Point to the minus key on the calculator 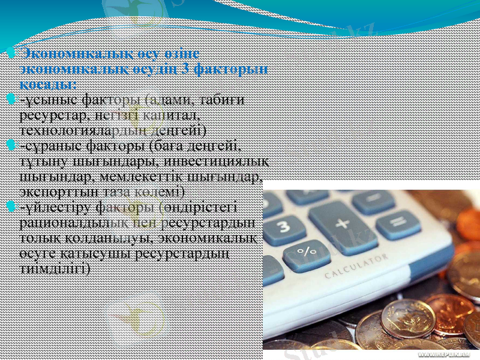373,201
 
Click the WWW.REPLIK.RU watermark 448,355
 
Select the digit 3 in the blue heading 187,69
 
